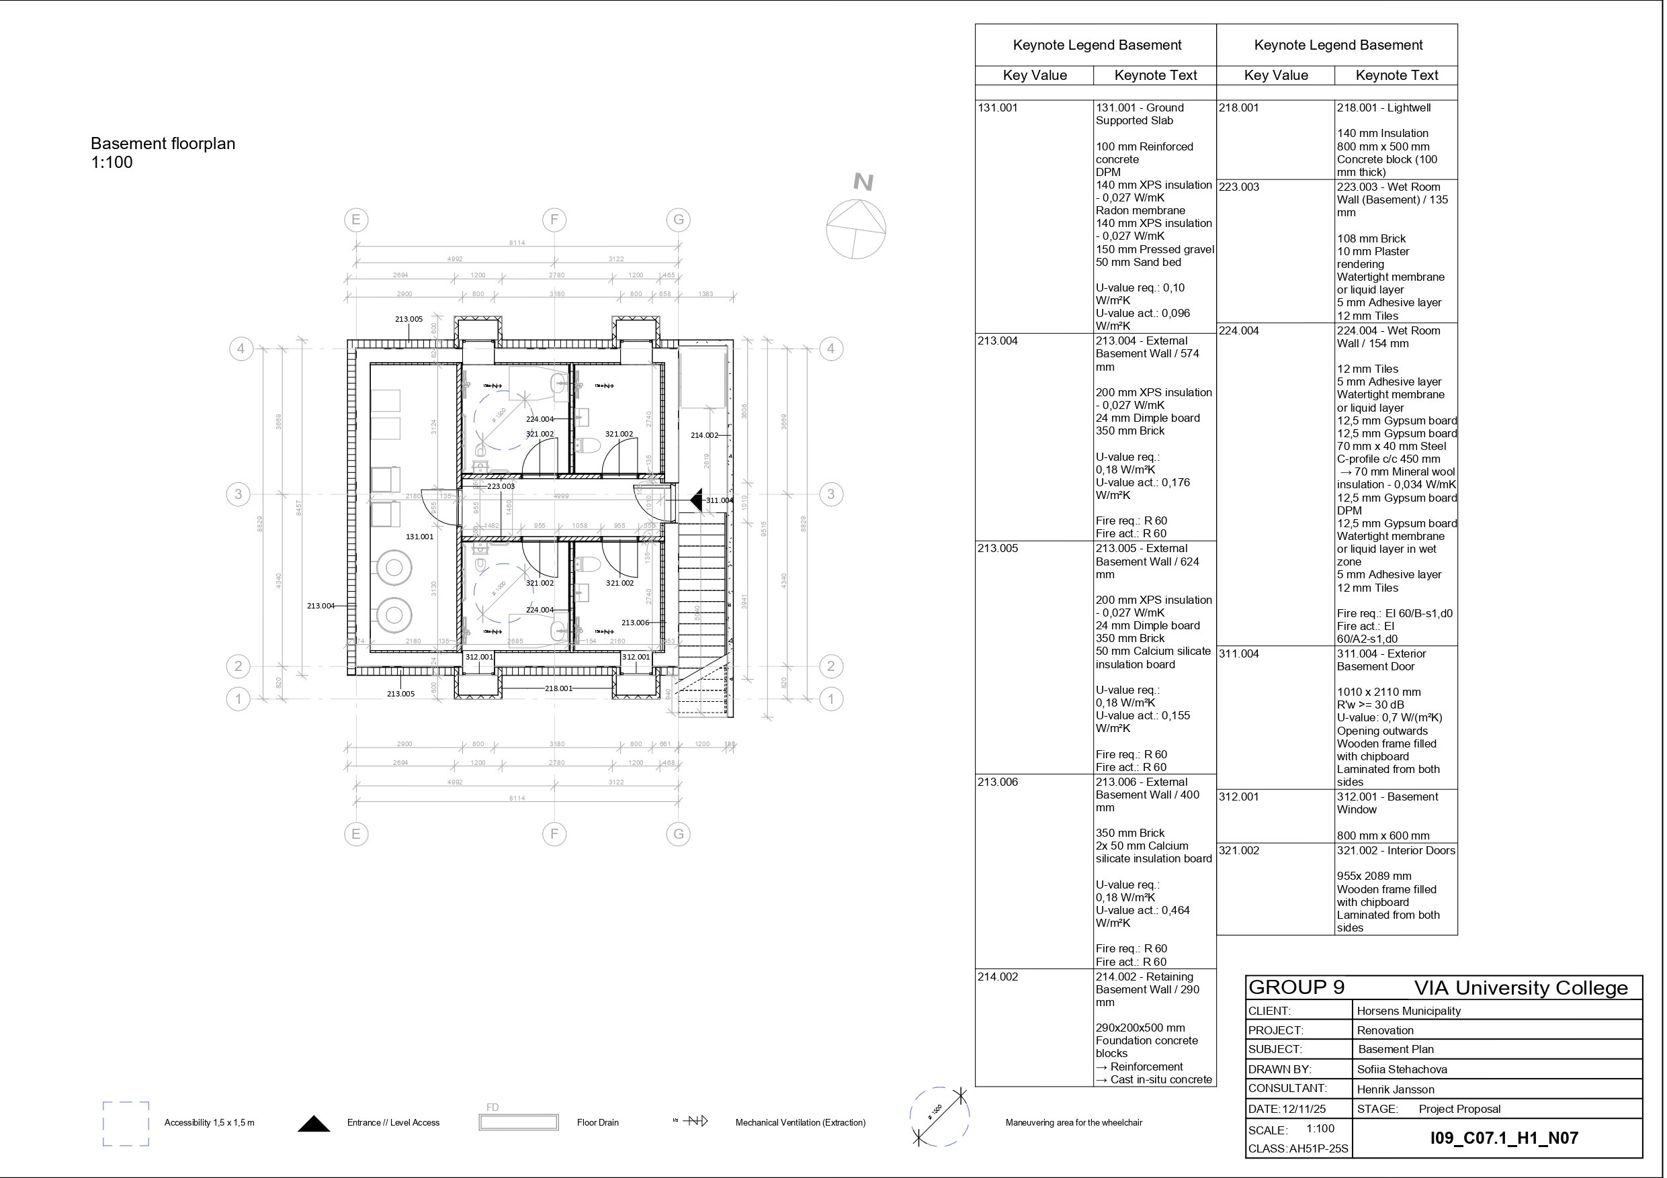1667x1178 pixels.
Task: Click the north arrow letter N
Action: [x=863, y=181]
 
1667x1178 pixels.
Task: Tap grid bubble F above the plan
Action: [x=554, y=219]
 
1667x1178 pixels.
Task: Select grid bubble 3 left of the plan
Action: [x=238, y=494]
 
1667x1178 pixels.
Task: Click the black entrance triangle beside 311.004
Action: [x=697, y=500]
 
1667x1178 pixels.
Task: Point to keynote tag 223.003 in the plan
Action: [x=501, y=486]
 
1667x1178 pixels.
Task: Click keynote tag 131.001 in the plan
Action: [x=420, y=537]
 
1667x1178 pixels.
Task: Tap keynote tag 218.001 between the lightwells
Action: [x=558, y=688]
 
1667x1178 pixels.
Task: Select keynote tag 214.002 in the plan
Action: [x=703, y=435]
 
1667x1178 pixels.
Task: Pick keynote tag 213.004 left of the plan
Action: [x=321, y=605]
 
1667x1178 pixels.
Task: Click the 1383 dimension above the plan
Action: [x=705, y=294]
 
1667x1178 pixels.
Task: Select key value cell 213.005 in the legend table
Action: [x=998, y=548]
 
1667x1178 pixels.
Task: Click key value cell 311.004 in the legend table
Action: [x=1238, y=653]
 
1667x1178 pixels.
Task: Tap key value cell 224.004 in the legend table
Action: [x=1238, y=330]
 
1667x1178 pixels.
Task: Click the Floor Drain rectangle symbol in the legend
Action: [x=519, y=1122]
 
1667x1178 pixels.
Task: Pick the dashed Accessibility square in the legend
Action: [x=126, y=1124]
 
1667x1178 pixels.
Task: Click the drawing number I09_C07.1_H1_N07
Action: [x=1504, y=1137]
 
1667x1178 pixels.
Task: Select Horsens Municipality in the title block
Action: [x=1408, y=1010]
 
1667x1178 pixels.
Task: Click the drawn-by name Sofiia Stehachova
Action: [x=1402, y=1069]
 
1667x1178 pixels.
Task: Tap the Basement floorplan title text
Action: [x=163, y=144]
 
